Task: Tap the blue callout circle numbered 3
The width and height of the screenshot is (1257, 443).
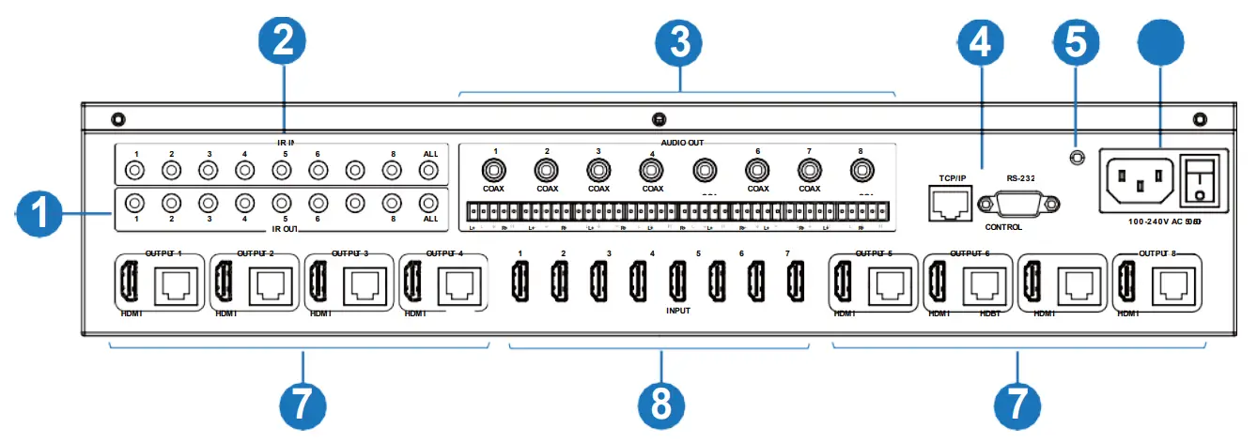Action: pos(679,44)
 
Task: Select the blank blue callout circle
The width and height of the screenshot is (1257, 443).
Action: pos(1160,44)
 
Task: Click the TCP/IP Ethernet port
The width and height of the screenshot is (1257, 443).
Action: pos(948,202)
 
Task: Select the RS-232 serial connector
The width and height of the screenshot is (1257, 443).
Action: pos(1019,204)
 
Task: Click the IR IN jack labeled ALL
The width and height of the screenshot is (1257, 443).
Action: pos(429,171)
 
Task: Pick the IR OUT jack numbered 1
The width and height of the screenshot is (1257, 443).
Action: pos(134,203)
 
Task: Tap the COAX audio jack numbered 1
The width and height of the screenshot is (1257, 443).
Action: pos(494,171)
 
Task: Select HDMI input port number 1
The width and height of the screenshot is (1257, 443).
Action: pos(519,279)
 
